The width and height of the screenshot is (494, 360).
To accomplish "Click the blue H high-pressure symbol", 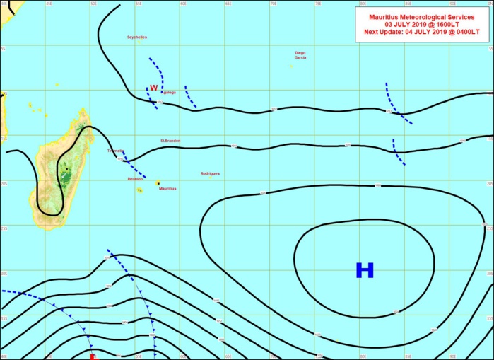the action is [364, 270].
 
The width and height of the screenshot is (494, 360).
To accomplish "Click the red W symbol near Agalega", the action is [153, 88].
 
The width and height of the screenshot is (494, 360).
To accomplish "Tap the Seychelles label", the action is [137, 37].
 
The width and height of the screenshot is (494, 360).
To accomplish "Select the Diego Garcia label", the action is [300, 55].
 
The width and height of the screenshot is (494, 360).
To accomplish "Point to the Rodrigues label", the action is [210, 173].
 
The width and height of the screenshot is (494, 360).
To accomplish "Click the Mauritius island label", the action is [167, 189].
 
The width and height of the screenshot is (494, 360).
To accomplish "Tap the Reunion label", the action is [135, 179].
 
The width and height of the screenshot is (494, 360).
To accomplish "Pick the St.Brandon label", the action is [170, 141].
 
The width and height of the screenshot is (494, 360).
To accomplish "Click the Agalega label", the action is [169, 92].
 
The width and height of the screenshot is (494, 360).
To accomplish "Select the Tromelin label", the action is [114, 151].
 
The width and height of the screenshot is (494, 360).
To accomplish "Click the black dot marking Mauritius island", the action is [158, 182].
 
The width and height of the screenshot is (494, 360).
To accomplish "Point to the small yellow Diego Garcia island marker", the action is [291, 66].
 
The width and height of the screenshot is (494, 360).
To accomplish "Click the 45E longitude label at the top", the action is [48, 4].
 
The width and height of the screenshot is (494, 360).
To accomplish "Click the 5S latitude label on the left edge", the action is [3, 49].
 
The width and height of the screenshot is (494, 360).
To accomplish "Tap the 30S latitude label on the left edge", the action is [4, 273].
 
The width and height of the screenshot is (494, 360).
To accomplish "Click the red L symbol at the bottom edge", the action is [93, 356].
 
